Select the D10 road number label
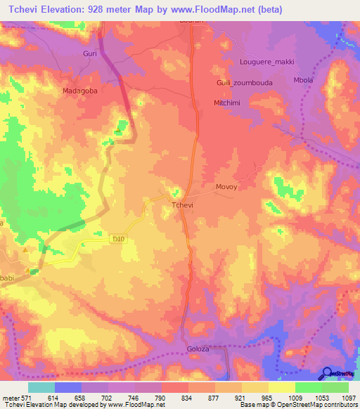[118, 239]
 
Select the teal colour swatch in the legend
[41, 387]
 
